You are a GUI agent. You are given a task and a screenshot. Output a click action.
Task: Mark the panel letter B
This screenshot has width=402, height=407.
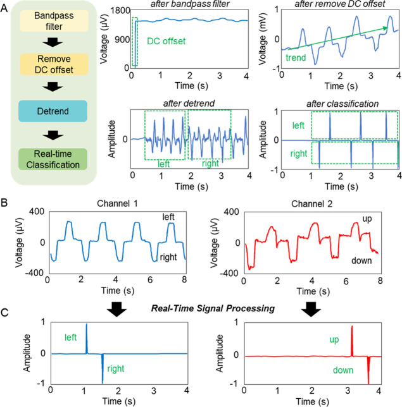(6, 203)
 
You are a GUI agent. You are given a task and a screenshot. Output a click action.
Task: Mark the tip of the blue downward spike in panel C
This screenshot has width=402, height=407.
(102, 382)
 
